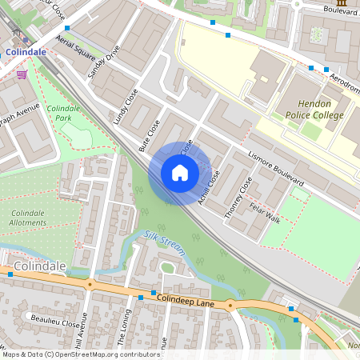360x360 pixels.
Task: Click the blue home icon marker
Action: coord(180,173)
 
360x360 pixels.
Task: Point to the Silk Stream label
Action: coord(164,243)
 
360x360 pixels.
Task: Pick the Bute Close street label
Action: coord(150,136)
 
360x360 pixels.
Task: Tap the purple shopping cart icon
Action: coord(22,74)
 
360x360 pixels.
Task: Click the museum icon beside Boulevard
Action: coord(342,5)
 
